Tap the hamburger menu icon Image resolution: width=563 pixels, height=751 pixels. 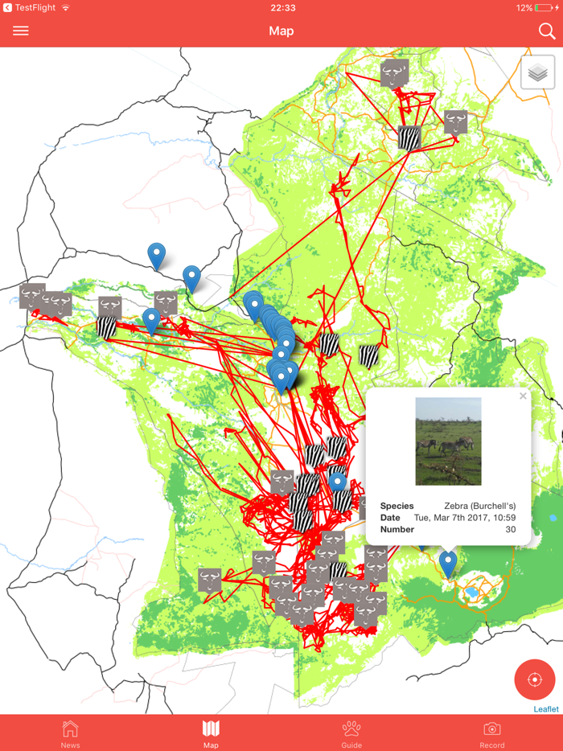(21, 31)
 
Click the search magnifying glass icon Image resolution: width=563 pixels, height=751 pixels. (546, 31)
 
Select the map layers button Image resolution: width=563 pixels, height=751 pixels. (538, 73)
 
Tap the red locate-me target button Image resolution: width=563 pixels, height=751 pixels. (535, 680)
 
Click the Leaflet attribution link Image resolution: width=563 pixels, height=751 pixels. (546, 709)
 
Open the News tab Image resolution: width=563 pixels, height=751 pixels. (70, 733)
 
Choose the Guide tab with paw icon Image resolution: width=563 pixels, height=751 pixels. (351, 733)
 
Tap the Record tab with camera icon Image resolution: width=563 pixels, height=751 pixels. (492, 733)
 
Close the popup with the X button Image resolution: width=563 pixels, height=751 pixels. (523, 396)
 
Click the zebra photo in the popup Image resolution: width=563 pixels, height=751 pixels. (448, 441)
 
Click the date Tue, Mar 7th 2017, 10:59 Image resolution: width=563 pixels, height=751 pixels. (465, 518)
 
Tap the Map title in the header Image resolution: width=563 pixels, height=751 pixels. (281, 31)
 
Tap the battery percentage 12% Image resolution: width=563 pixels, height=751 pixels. (524, 8)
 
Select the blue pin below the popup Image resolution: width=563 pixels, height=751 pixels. (448, 563)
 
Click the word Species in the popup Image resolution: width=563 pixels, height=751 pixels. (397, 507)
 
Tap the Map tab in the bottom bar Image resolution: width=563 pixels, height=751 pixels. (211, 733)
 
